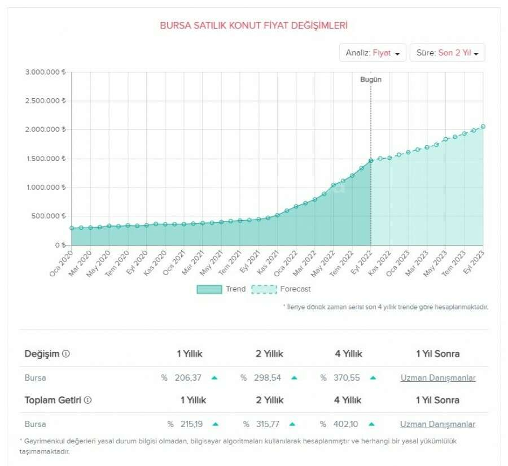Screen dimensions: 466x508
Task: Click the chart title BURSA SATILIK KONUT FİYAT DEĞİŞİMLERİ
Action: point(253,25)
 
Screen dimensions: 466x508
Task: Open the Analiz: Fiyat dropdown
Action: point(372,53)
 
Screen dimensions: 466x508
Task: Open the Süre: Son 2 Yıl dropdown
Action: point(448,53)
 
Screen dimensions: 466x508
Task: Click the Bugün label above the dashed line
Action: point(371,80)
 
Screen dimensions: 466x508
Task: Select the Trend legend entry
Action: point(221,289)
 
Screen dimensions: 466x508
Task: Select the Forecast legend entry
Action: point(281,289)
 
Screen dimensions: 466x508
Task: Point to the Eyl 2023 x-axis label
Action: point(474,263)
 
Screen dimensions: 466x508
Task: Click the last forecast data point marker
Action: point(483,127)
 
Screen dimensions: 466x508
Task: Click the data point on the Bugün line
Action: point(371,161)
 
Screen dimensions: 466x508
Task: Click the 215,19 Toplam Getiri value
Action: point(192,424)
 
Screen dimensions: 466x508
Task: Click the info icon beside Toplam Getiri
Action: point(87,400)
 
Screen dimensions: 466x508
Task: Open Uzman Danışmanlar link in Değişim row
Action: point(437,378)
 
